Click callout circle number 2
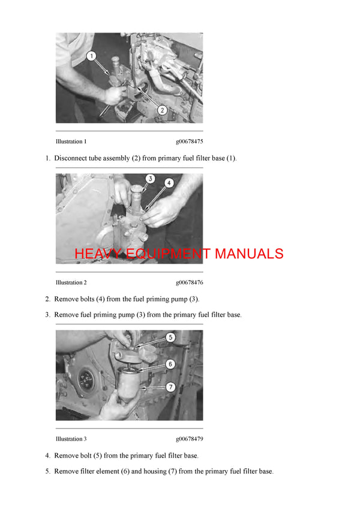pyautogui.click(x=161, y=110)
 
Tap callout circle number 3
pyautogui.click(x=150, y=179)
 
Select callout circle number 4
pyautogui.click(x=169, y=182)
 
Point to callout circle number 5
pyautogui.click(x=170, y=338)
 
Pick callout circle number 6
pyautogui.click(x=170, y=364)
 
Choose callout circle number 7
pyautogui.click(x=170, y=387)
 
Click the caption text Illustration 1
pyautogui.click(x=71, y=142)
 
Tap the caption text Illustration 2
pyautogui.click(x=71, y=282)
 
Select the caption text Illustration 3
pyautogui.click(x=71, y=439)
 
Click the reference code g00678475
pyautogui.click(x=189, y=142)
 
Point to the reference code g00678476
pyautogui.click(x=189, y=282)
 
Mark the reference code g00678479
pyautogui.click(x=189, y=439)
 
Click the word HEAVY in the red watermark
pyautogui.click(x=98, y=254)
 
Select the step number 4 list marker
pyautogui.click(x=47, y=456)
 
